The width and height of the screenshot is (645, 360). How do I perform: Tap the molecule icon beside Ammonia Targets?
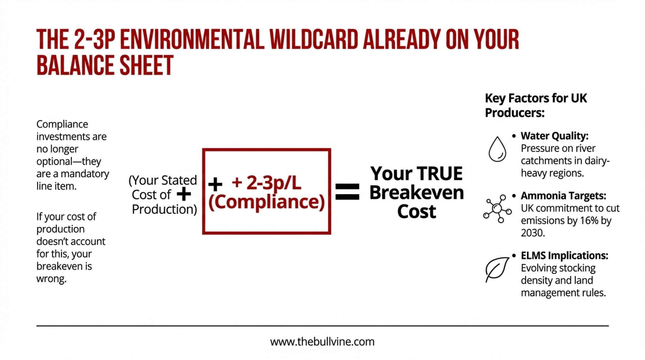click(497, 209)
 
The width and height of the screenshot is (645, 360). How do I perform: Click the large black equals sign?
click(347, 192)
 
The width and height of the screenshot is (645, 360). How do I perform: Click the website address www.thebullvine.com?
click(322, 342)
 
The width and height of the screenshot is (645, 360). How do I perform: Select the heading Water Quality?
click(554, 136)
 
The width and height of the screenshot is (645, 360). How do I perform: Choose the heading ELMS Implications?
click(564, 255)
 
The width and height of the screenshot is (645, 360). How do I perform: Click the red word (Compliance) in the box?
click(266, 202)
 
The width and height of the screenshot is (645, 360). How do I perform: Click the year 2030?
click(533, 233)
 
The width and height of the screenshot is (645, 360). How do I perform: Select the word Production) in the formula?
click(164, 209)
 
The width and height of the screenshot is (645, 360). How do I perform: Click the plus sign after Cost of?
click(184, 195)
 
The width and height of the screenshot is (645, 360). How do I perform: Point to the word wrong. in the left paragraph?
click(51, 279)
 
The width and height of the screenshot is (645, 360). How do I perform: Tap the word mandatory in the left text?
click(85, 174)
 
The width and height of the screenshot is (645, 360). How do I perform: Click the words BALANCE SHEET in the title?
click(105, 65)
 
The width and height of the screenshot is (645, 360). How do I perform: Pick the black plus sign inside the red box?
click(215, 185)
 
